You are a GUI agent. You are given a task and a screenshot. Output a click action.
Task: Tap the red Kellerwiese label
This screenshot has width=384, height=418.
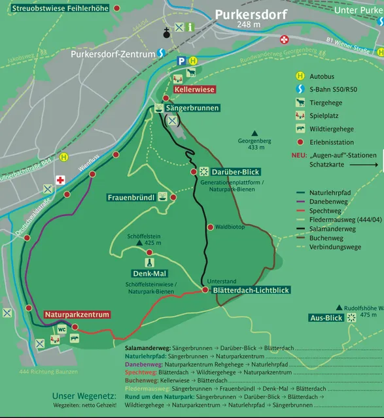pos(194,89)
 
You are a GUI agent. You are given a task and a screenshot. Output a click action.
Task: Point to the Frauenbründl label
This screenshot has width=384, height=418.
pos(131,197)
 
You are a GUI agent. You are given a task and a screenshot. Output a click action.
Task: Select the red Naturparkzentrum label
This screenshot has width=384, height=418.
pos(77,315)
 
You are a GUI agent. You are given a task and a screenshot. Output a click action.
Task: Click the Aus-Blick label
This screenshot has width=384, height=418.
pos(326,318)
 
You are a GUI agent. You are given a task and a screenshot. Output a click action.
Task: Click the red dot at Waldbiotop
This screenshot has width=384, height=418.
pos(210,227)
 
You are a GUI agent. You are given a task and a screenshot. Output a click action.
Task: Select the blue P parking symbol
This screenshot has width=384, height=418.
pos(181,61)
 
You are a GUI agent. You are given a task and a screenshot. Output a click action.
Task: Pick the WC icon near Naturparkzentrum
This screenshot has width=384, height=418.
pos(61,329)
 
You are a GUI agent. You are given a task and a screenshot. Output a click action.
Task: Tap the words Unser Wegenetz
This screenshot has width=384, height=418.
pos(84,396)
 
